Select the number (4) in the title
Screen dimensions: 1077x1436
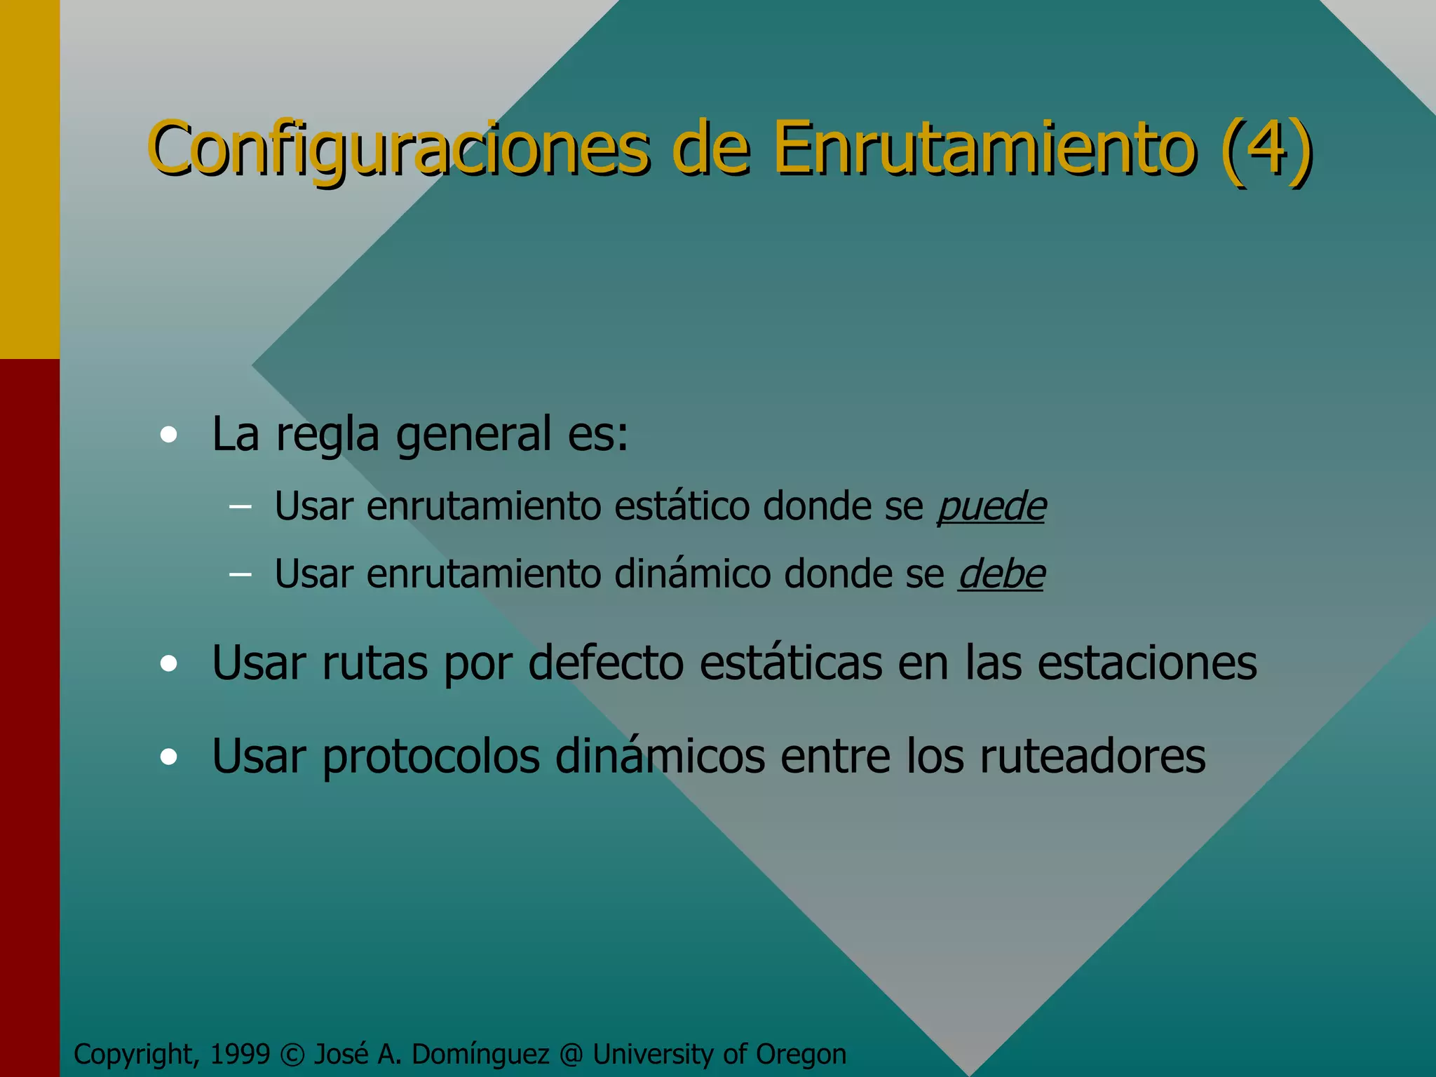[x=1265, y=149]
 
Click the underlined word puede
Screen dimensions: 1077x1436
[x=991, y=506]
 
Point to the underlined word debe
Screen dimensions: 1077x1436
[x=1001, y=574]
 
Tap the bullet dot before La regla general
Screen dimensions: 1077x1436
[x=168, y=435]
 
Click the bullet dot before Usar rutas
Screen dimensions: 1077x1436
[x=168, y=663]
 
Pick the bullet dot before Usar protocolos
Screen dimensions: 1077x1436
[x=168, y=757]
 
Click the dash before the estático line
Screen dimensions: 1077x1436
[x=240, y=507]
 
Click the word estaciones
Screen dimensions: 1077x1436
[x=1147, y=663]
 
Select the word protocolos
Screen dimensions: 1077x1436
[x=431, y=757]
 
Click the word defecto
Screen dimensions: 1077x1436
[x=606, y=663]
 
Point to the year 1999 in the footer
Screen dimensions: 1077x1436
[x=240, y=1054]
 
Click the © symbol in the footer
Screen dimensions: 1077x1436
[x=292, y=1055]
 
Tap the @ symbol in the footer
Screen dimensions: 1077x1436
[x=571, y=1055]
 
